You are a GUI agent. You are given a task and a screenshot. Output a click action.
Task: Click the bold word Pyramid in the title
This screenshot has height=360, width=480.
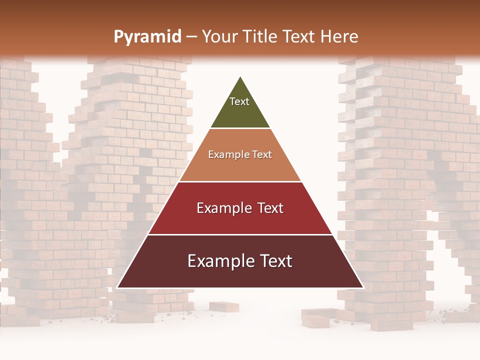pos(147,36)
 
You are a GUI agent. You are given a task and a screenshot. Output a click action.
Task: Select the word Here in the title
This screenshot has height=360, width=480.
pos(339,36)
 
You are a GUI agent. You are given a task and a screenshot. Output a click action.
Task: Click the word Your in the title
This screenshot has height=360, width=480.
pos(220,36)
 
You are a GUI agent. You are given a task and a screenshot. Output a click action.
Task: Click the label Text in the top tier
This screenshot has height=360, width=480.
pos(239,101)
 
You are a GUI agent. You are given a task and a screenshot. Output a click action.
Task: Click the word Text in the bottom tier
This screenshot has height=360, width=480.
pos(275,261)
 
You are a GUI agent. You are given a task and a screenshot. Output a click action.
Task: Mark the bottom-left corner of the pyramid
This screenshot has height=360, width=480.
pos(117,287)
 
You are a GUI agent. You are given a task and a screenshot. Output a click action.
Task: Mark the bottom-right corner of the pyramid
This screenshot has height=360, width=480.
pos(363,287)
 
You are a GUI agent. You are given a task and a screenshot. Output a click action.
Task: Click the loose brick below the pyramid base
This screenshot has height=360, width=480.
pos(223,306)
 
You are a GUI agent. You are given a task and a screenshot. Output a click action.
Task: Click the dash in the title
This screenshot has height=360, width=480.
pos(191,36)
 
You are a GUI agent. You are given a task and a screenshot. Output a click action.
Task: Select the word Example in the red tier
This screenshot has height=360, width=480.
pos(223,208)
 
